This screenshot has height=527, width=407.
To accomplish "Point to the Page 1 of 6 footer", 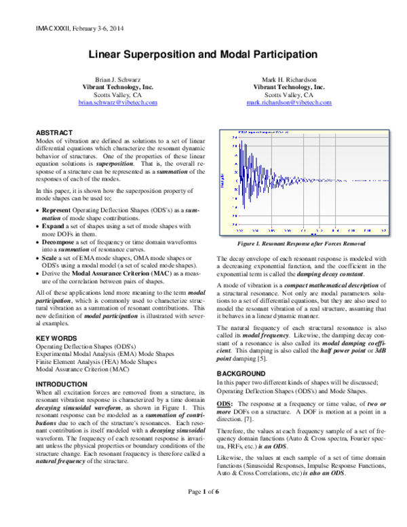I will point(203,510).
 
